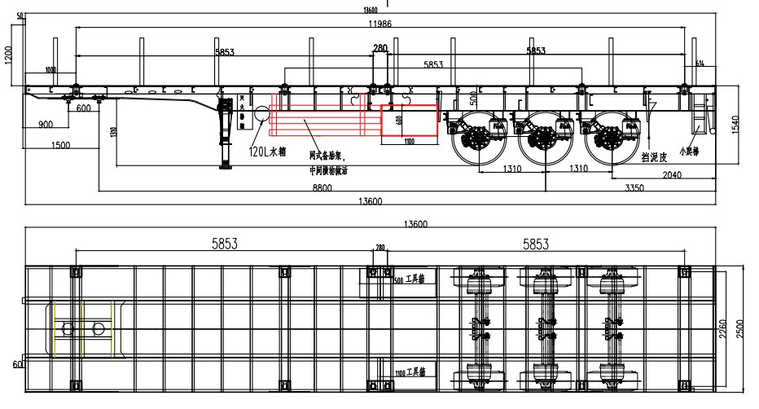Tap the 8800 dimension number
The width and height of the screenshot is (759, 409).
[x=301, y=187]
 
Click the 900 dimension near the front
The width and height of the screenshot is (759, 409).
[x=46, y=125]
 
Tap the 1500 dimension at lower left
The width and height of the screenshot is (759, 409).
[x=59, y=145]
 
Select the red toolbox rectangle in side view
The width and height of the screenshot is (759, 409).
[x=410, y=119]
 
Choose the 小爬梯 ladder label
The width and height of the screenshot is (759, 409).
[x=699, y=151]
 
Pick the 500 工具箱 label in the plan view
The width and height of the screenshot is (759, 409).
[x=415, y=279]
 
